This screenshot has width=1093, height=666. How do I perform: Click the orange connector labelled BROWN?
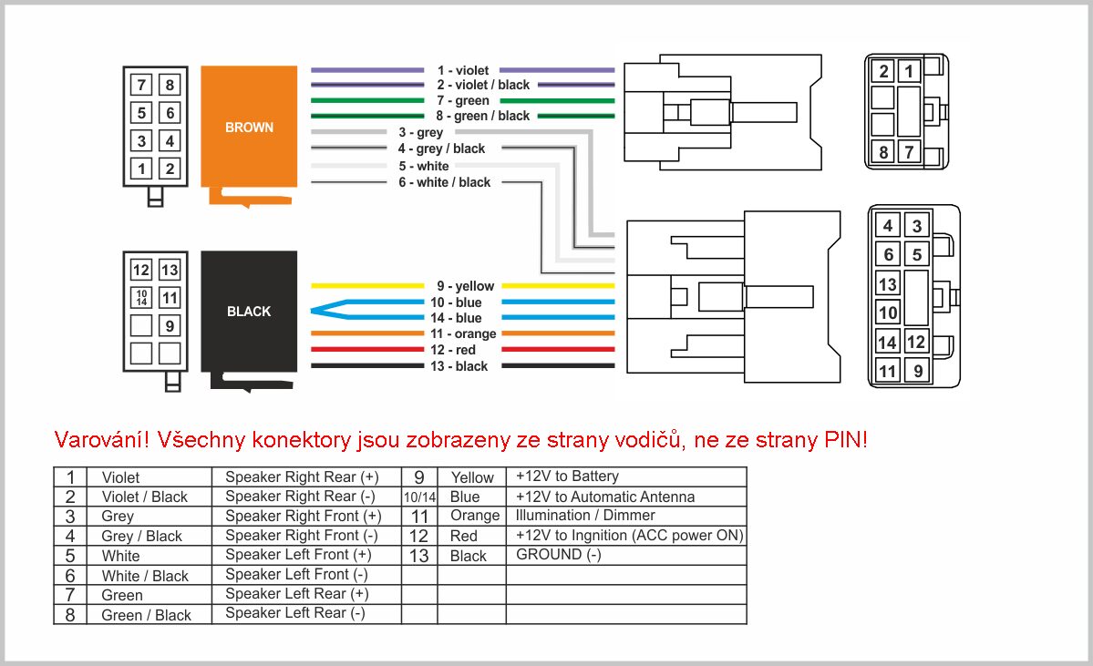point(249,127)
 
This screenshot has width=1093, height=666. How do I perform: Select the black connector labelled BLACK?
point(249,312)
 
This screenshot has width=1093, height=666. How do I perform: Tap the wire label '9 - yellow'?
point(466,286)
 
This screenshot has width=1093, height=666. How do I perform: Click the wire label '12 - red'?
point(453,350)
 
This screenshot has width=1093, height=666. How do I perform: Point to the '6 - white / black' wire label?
point(445,182)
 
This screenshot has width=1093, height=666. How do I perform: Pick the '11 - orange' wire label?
point(463,333)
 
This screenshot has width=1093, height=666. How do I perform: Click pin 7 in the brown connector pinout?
point(141,85)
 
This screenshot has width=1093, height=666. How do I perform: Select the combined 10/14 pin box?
point(141,298)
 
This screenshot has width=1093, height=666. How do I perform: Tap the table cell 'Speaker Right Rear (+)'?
point(302,477)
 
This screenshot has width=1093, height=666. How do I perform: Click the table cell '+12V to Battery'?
point(567,476)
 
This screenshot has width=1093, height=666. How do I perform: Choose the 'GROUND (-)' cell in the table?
point(558,555)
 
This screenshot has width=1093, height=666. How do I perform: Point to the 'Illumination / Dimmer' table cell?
point(585,516)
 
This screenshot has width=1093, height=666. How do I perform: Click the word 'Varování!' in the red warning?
point(102,439)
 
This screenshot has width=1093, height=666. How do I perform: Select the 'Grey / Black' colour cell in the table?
point(141,536)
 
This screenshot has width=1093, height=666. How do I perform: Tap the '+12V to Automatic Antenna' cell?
point(605,497)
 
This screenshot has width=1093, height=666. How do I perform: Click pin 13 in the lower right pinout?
point(887,284)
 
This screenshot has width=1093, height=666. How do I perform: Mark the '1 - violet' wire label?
point(463,70)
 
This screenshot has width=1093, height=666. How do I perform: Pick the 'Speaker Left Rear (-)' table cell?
point(294,613)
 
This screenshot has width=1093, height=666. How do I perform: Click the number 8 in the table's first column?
point(69,615)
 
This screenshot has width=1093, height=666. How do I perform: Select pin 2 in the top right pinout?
point(883,71)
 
